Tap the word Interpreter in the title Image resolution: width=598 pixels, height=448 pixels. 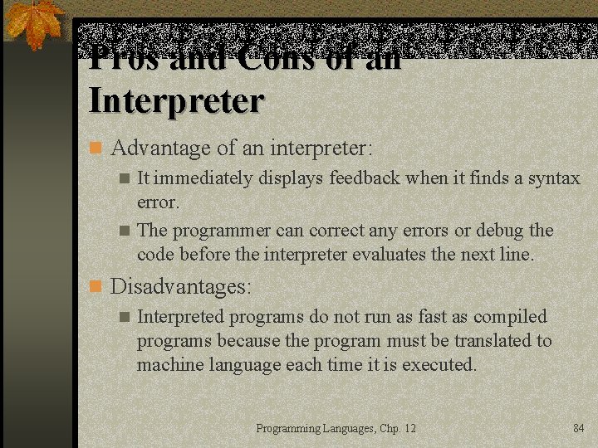176,101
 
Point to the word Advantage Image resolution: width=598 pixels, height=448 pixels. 161,149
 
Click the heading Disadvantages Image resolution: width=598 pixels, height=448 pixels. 180,287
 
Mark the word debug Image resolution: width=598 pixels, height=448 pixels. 498,230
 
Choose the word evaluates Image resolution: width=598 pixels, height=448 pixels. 390,254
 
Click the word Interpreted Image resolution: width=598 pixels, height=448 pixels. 180,316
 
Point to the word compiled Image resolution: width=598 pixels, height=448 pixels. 508,316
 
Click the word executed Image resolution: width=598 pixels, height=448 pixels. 439,364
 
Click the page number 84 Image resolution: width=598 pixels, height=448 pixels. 579,428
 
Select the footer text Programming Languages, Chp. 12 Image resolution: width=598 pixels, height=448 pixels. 336,428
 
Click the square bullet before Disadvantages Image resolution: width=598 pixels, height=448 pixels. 96,287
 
